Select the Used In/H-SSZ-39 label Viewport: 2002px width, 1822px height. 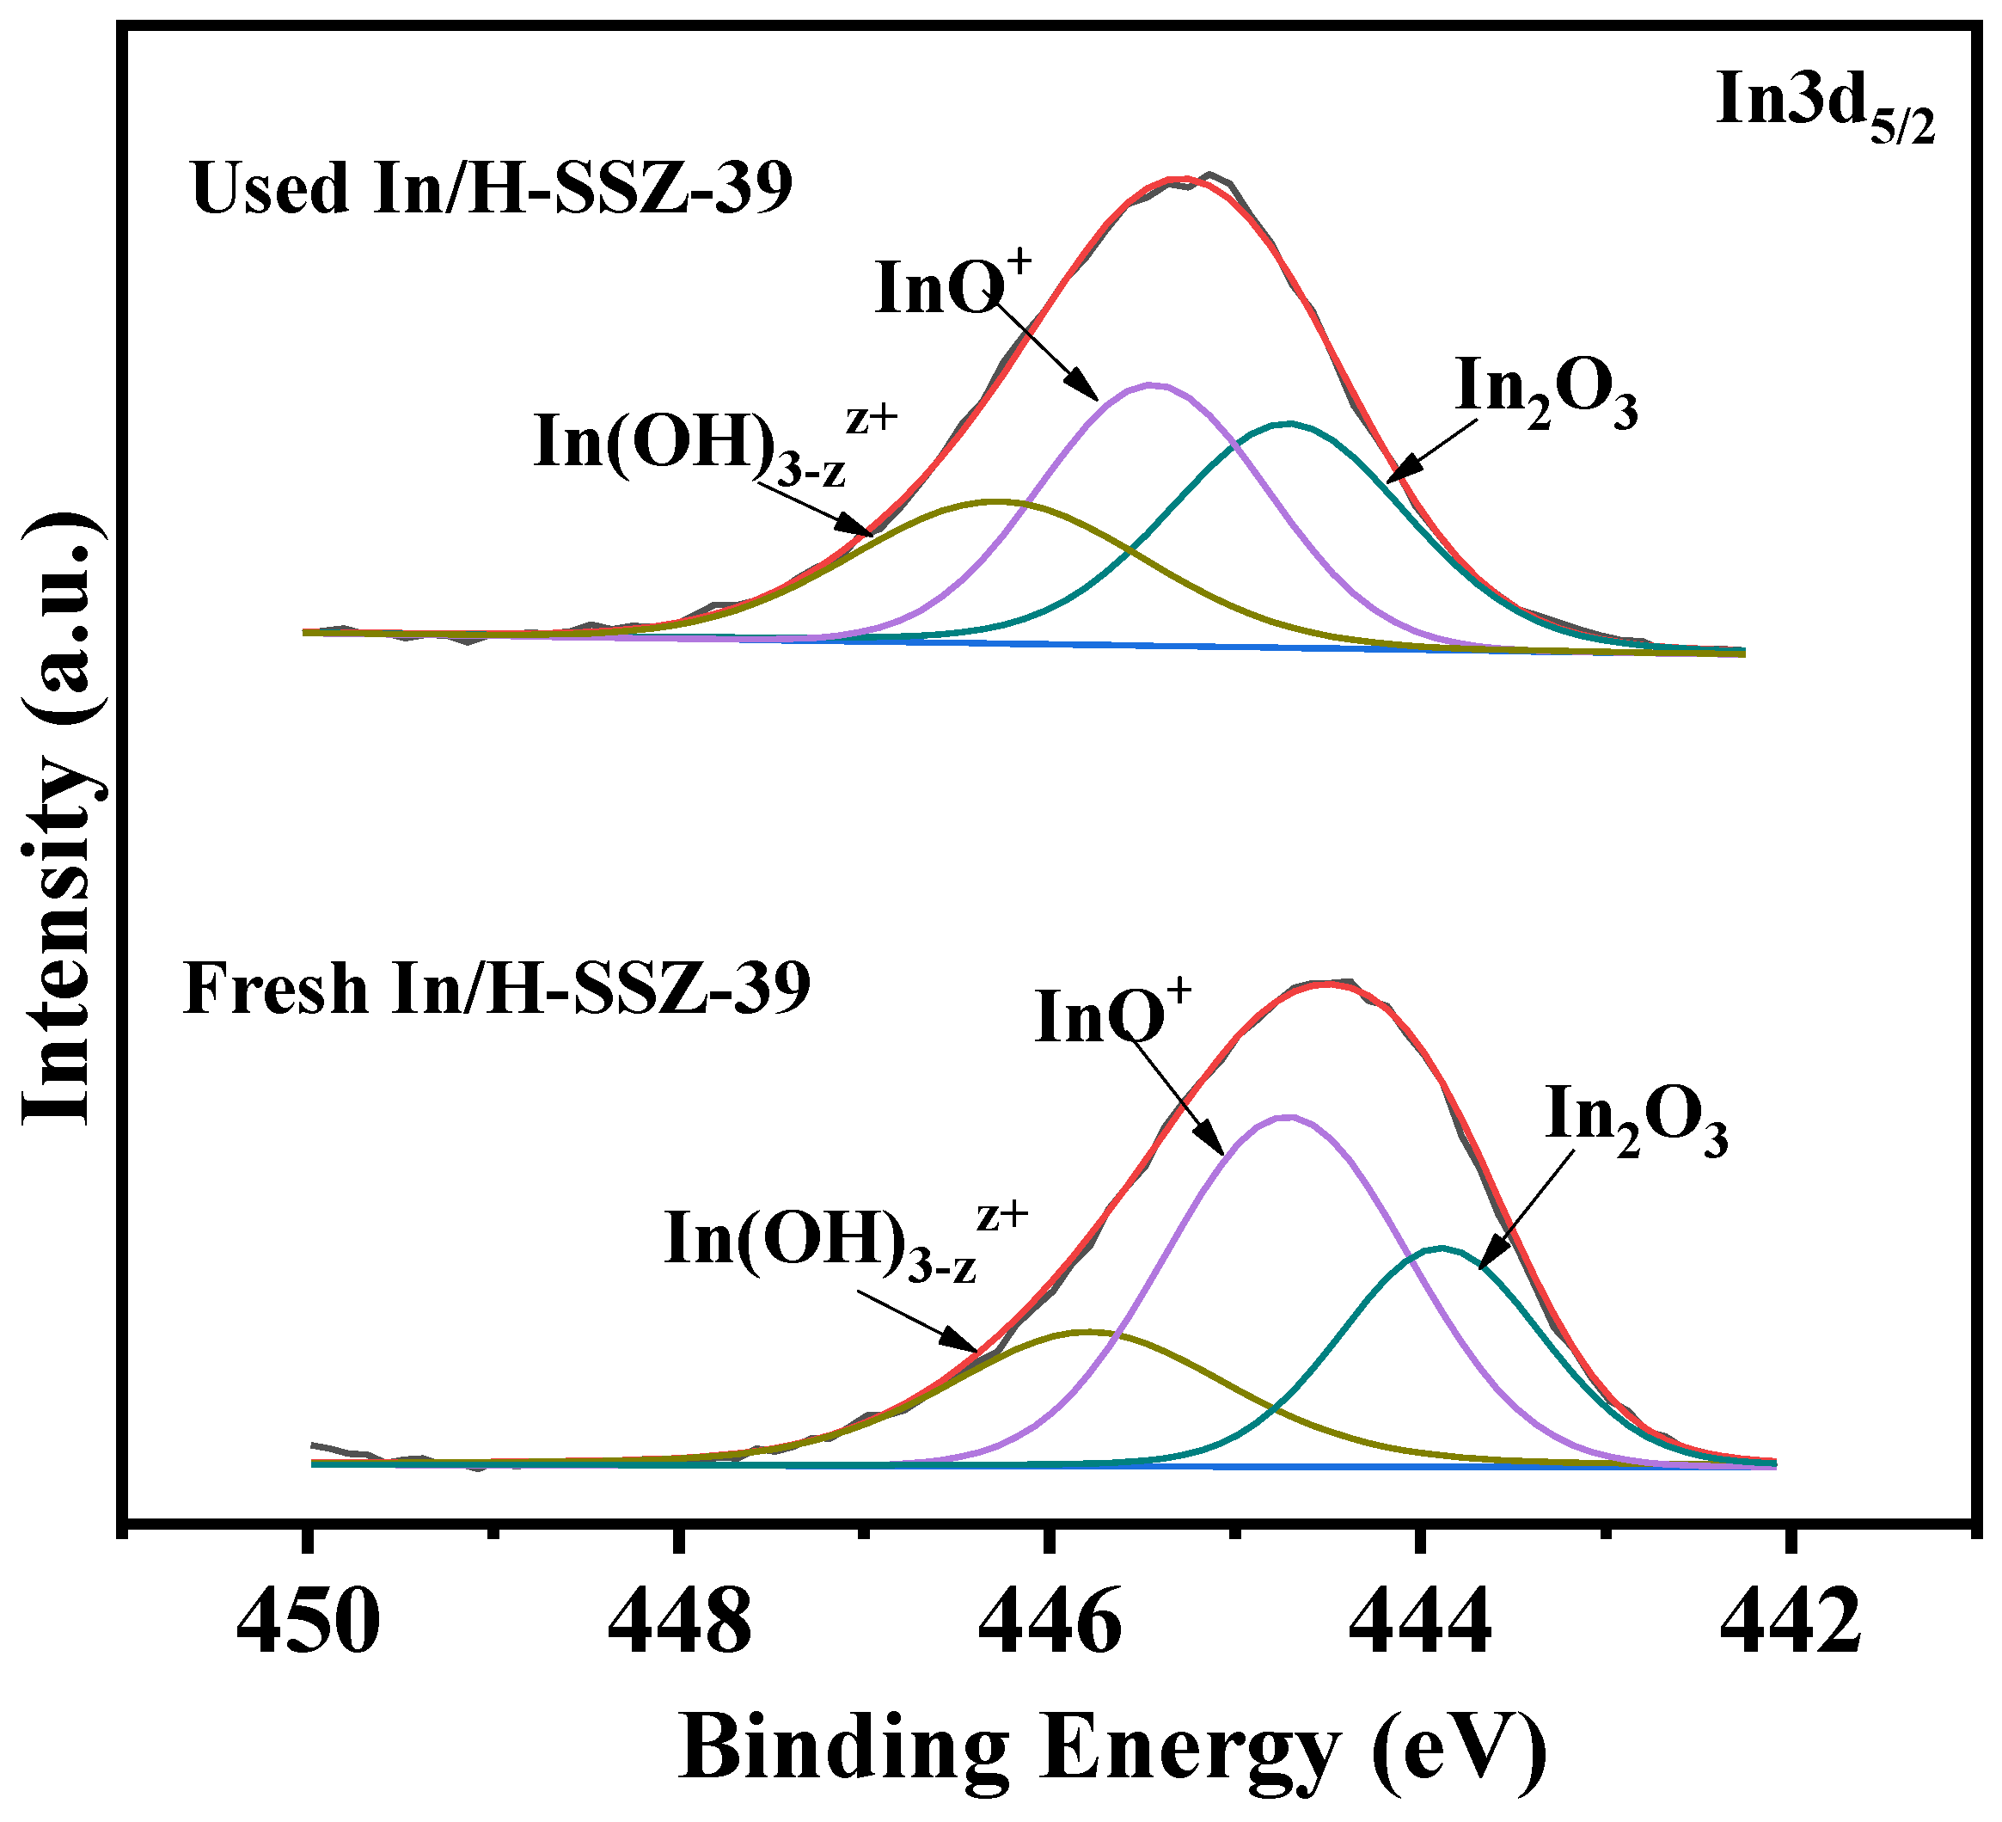tap(493, 189)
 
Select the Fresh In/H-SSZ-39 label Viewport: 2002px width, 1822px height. tap(497, 990)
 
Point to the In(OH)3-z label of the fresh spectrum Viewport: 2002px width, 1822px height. tap(844, 1242)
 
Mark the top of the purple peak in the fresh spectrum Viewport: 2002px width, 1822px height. tap(1288, 1117)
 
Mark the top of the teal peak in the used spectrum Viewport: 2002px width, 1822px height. tap(1289, 424)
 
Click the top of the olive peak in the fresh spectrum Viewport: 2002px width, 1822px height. tap(1089, 1332)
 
